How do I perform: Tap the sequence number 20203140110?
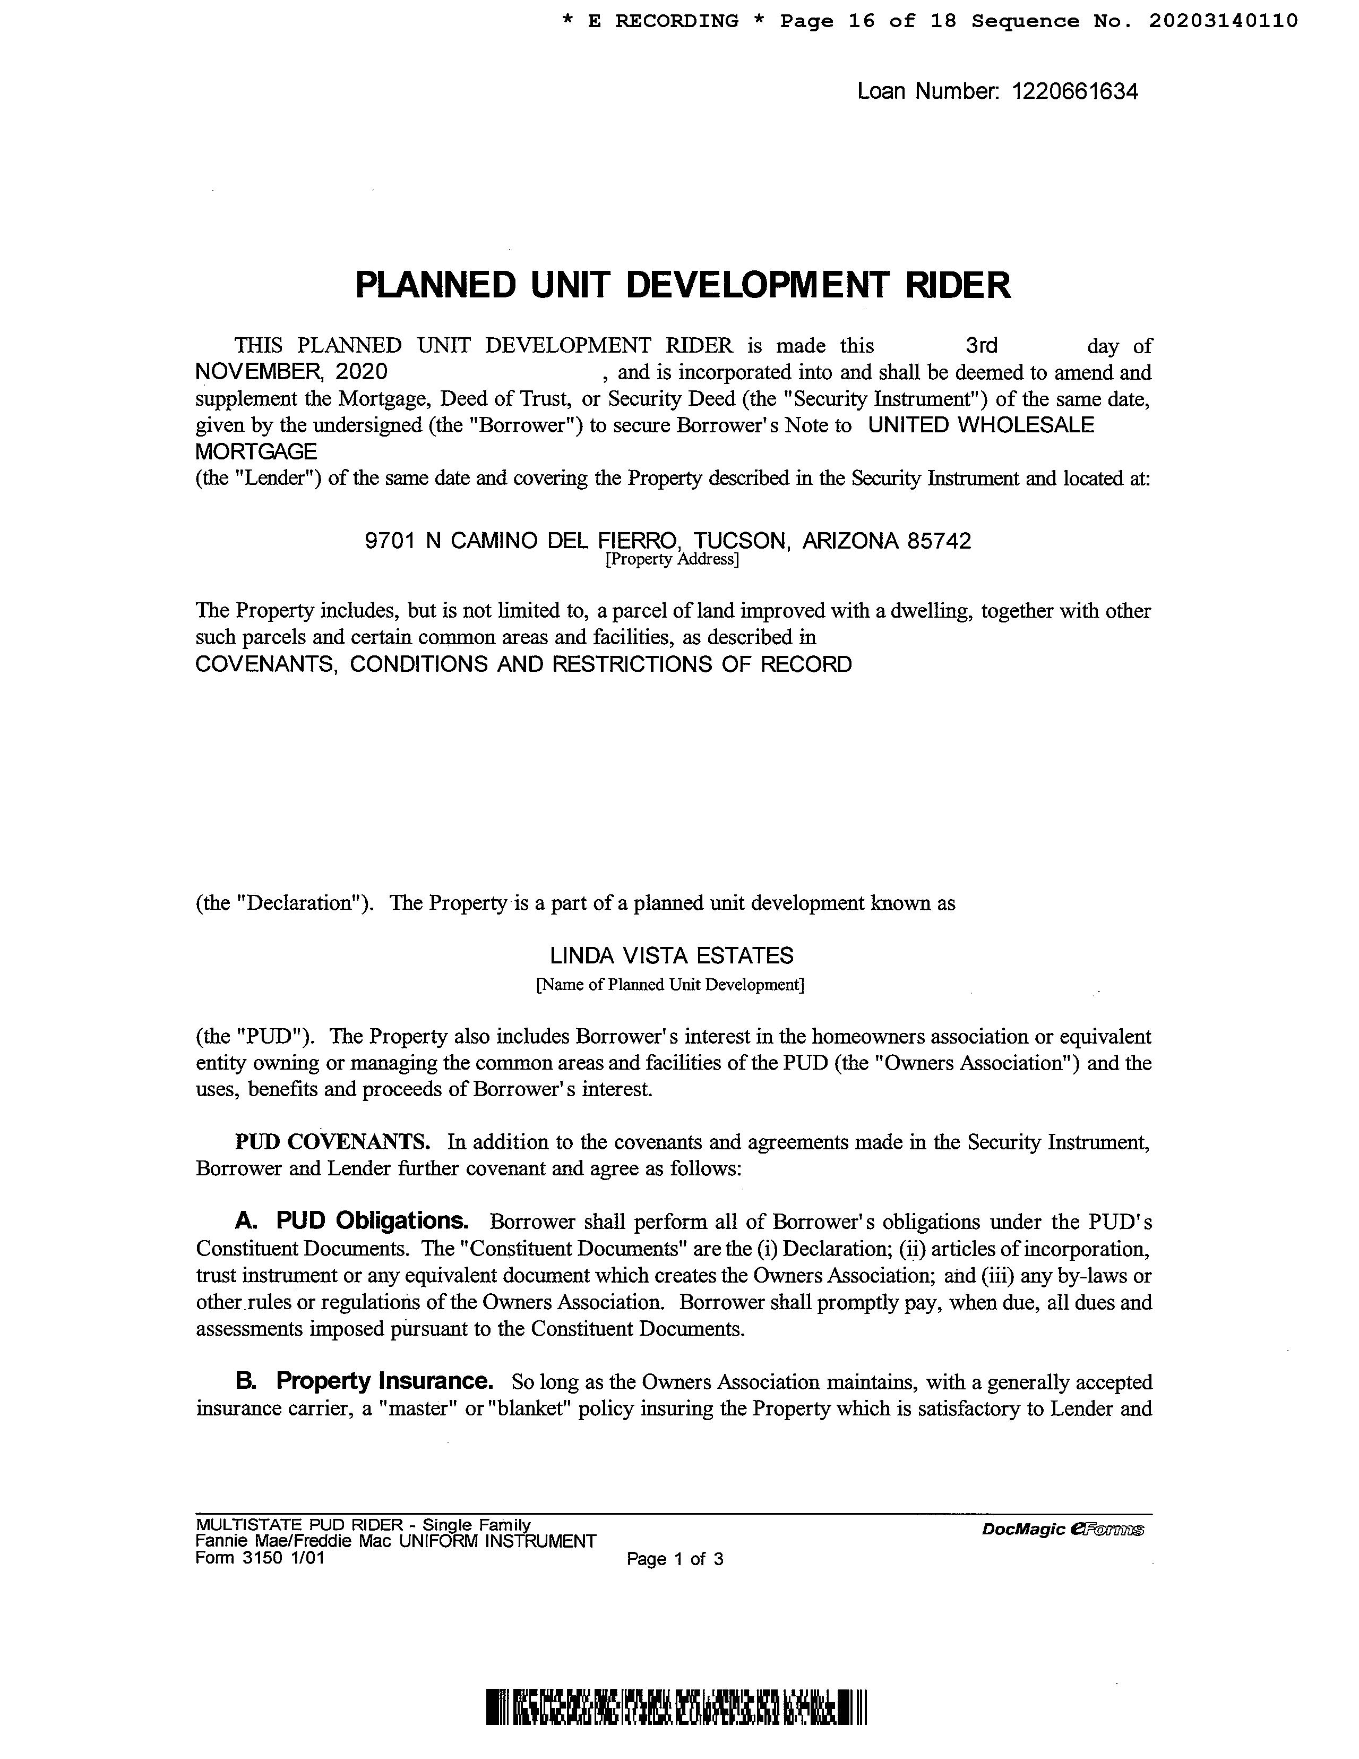pos(1223,21)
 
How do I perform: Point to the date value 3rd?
pos(982,346)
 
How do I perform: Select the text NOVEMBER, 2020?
pos(291,372)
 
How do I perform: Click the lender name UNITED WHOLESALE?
pos(980,425)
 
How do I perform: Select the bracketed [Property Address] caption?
pos(672,559)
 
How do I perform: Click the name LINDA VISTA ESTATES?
pos(672,956)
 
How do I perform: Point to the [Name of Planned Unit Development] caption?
pos(670,984)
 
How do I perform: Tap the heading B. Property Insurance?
pos(364,1381)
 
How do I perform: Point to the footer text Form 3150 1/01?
pos(260,1558)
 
